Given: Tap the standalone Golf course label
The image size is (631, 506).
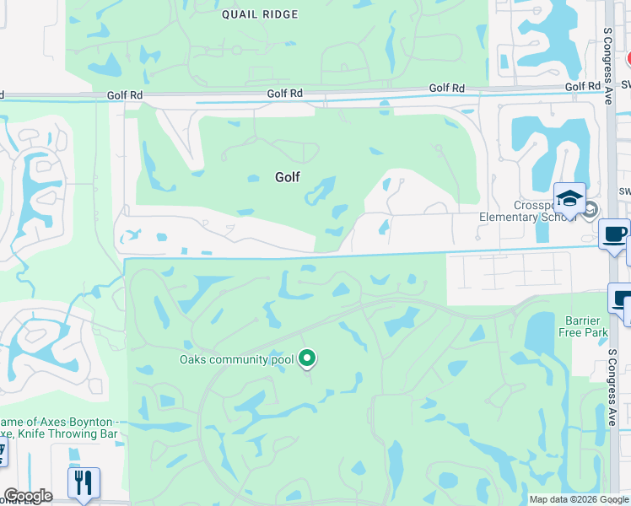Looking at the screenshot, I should click(x=287, y=177).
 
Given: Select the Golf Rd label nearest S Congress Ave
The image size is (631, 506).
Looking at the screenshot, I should click(x=582, y=87).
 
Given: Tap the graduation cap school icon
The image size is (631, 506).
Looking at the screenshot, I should click(x=569, y=200).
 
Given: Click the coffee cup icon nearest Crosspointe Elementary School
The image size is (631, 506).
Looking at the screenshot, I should click(x=613, y=233).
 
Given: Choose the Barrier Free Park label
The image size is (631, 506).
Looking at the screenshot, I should click(x=583, y=326).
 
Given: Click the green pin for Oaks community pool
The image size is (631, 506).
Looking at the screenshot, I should click(x=308, y=358).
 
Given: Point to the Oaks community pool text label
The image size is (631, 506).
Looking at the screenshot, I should click(x=236, y=360).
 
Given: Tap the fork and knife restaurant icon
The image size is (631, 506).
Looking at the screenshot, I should click(x=84, y=482).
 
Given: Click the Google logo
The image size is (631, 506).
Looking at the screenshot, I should click(x=28, y=496).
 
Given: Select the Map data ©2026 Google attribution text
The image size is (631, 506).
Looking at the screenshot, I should click(x=579, y=499).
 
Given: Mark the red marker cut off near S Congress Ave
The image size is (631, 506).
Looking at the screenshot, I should click(x=628, y=58).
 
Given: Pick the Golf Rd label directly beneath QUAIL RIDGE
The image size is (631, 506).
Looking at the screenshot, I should click(x=284, y=94).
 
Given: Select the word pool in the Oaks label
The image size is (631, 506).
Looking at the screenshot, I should click(x=279, y=360).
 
